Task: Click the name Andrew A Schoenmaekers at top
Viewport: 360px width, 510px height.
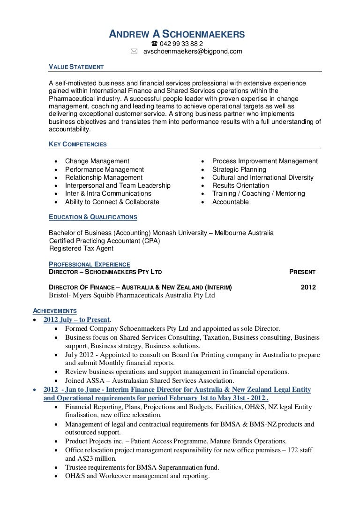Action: pos(177,34)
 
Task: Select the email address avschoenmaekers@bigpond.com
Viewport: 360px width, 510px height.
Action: pos(192,52)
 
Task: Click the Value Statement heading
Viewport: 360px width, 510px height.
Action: pos(76,67)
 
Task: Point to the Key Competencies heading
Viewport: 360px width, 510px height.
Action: pos(78,144)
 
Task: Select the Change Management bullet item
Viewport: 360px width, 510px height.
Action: pos(97,161)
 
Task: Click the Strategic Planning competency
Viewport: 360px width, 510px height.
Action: pos(239,169)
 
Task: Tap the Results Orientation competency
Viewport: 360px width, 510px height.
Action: pos(240,185)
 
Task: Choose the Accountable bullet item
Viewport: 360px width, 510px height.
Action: pos(230,202)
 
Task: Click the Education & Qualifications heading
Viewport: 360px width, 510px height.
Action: pos(93,217)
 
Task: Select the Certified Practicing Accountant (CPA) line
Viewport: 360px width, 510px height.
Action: pos(105,241)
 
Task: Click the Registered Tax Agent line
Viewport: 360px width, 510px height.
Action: pos(82,249)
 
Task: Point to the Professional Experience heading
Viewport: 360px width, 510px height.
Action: pos(90,265)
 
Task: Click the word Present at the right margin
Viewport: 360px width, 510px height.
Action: pos(302,272)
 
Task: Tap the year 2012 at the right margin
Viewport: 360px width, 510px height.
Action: pos(307,288)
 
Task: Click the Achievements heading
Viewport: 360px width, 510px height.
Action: pos(54,311)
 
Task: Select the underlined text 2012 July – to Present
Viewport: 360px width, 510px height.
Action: pos(76,320)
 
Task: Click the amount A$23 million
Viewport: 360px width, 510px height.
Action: pos(89,458)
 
